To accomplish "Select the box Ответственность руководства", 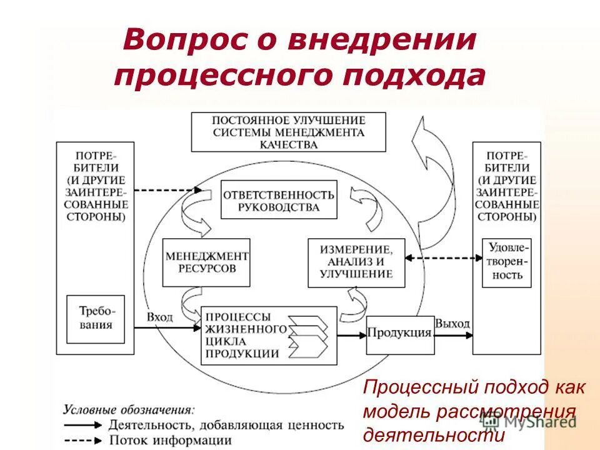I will tap(278, 200).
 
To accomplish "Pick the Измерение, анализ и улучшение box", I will tap(356, 262).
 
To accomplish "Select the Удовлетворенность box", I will tap(506, 262).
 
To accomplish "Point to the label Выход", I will tap(452, 324).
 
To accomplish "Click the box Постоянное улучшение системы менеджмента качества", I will tap(288, 132).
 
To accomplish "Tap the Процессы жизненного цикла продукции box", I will tap(244, 336).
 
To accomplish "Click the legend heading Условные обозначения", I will tap(129, 410).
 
